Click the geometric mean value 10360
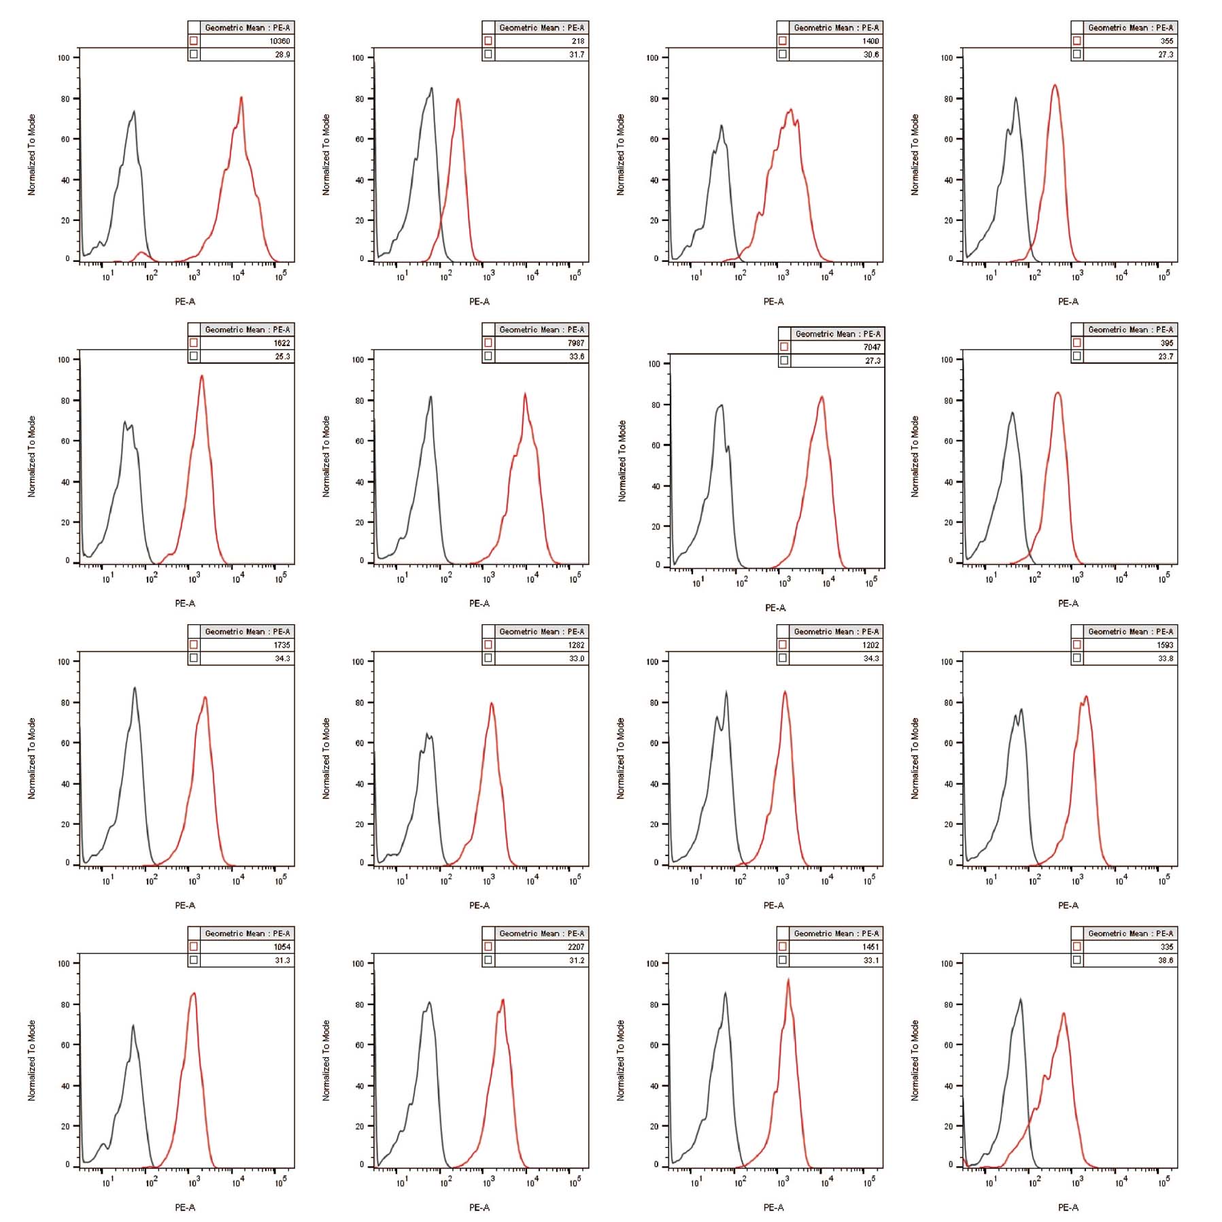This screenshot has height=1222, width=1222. [x=279, y=41]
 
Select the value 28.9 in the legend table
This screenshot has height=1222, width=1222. [x=282, y=54]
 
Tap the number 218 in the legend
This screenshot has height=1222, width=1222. [x=577, y=41]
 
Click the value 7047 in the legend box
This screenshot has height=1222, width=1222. [x=871, y=347]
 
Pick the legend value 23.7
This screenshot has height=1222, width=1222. [x=1165, y=356]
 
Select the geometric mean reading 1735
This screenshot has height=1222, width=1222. [x=282, y=645]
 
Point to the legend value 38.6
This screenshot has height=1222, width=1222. [x=1165, y=960]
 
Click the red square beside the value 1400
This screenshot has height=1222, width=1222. [x=783, y=41]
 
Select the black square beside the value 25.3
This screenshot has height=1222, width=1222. [x=194, y=356]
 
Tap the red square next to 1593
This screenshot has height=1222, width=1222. [x=1077, y=645]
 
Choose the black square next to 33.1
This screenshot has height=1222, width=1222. [x=783, y=960]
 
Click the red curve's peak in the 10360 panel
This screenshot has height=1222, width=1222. [x=241, y=97]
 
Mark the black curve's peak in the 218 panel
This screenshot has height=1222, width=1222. [x=431, y=88]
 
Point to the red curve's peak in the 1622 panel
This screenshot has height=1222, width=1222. [x=202, y=376]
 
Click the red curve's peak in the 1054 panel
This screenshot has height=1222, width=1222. [x=194, y=994]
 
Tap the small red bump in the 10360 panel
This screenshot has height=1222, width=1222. [x=141, y=253]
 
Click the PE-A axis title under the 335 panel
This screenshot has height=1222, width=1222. [x=1068, y=1207]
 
